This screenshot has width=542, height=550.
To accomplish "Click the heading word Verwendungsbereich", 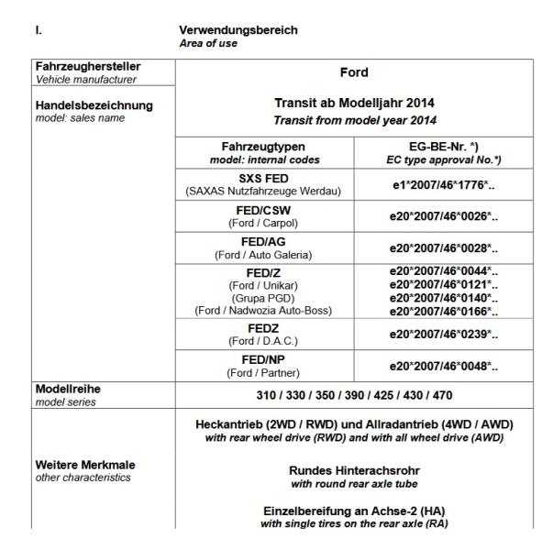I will click(x=238, y=29).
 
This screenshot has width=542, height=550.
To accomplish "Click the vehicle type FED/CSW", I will click(x=263, y=209).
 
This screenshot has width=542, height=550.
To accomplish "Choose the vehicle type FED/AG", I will click(x=263, y=242).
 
